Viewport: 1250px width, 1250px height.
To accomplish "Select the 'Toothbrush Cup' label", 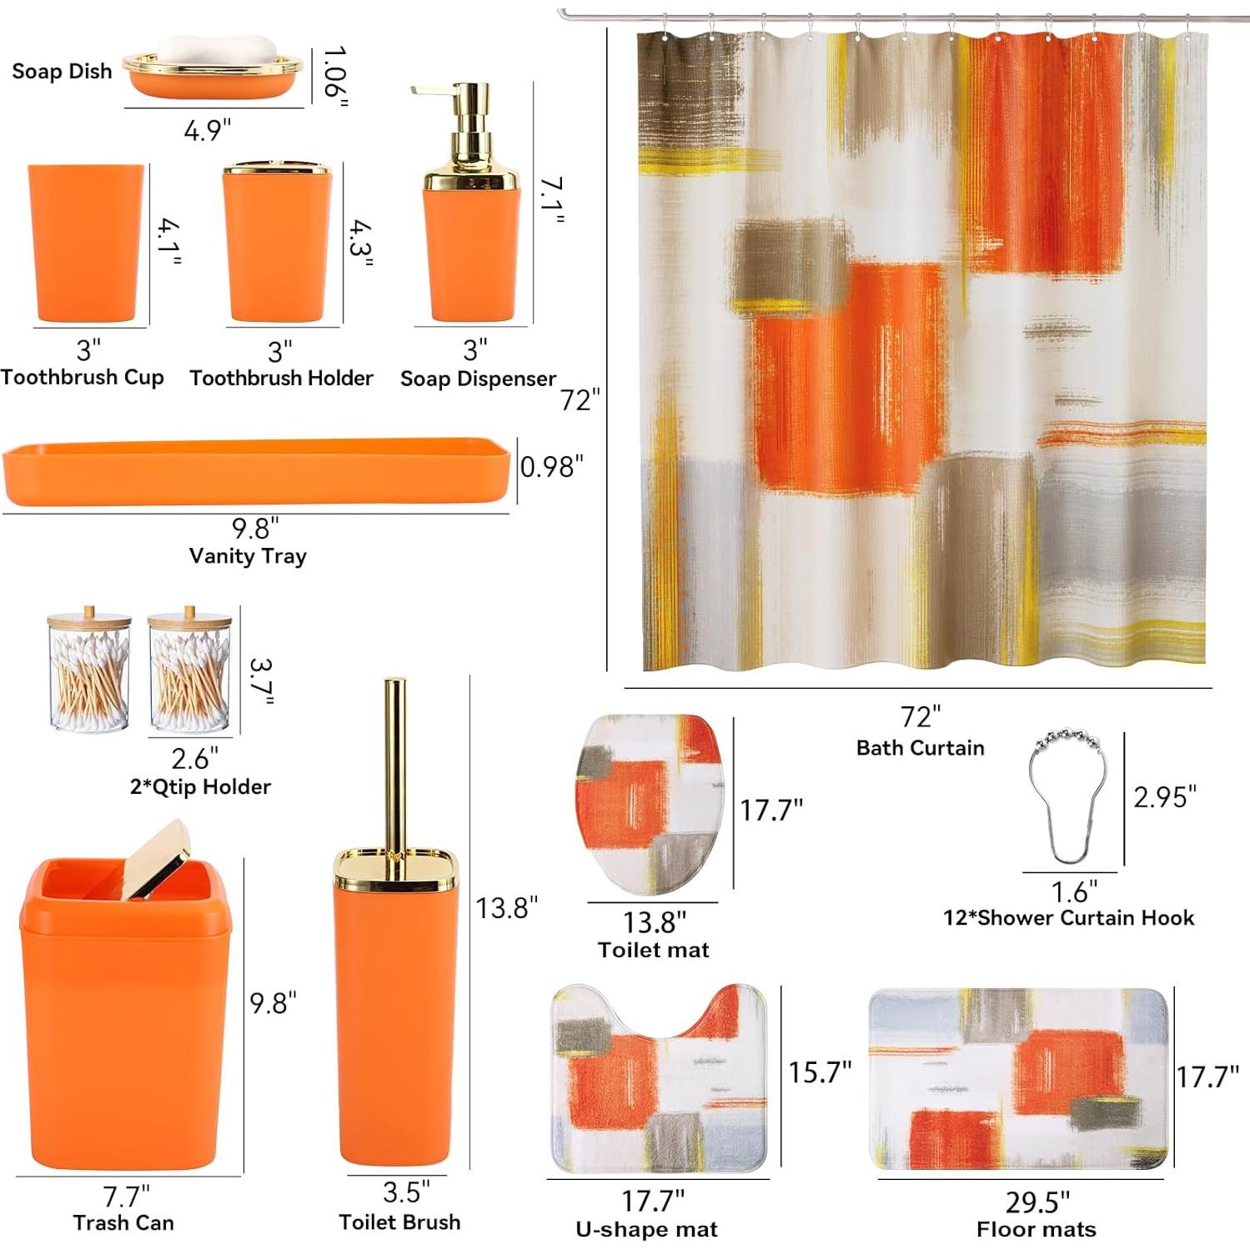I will click(83, 378).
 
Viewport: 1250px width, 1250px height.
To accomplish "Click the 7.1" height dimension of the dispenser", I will click(551, 200).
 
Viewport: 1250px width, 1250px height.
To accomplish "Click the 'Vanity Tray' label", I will click(248, 556).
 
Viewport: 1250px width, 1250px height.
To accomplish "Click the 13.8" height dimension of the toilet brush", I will click(506, 908).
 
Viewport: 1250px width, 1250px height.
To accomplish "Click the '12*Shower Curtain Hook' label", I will click(1068, 918).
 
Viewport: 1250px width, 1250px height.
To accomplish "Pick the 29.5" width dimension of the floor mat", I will click(1037, 1202).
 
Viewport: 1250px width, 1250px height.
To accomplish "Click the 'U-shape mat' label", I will click(646, 1230).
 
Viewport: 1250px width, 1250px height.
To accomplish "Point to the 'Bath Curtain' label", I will click(920, 748).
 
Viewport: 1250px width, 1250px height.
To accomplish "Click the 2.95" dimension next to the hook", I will click(1164, 797).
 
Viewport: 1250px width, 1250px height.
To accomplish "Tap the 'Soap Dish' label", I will click(62, 72).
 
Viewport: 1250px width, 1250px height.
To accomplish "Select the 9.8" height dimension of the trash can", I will click(273, 1003).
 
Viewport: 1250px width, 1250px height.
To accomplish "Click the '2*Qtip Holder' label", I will click(200, 787).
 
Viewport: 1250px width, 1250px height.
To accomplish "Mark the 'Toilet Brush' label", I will click(399, 1222).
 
